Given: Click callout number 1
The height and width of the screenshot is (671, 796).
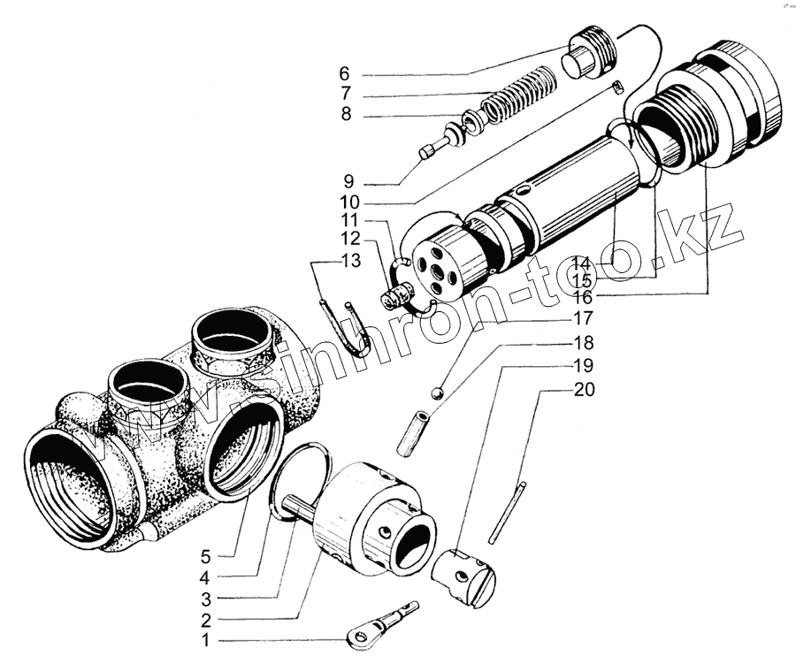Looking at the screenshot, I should [206, 639].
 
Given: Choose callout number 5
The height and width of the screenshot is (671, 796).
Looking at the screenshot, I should [206, 556].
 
